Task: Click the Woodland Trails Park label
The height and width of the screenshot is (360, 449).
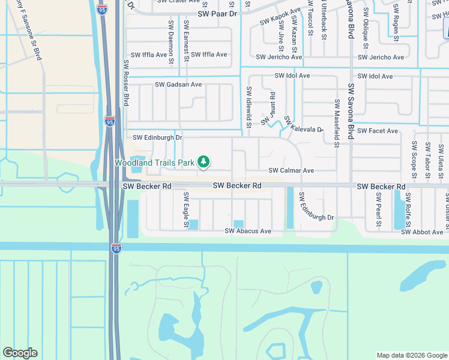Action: coord(154,163)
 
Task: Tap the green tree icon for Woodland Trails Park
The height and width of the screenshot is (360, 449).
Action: coord(204,161)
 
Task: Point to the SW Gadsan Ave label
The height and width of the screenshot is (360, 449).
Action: coord(178,85)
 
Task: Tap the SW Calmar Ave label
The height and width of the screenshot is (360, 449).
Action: coord(291,171)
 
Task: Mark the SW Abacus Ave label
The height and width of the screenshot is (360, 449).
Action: coord(248,231)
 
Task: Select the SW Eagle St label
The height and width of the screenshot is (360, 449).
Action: coord(186,210)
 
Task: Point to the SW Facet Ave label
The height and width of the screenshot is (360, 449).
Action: coord(378,131)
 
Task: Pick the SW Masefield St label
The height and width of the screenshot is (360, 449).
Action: coord(337,123)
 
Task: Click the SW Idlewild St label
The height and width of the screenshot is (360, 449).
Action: coord(248,107)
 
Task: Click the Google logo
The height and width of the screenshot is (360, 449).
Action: coord(20,353)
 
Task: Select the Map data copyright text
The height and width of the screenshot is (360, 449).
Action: coord(412,355)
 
